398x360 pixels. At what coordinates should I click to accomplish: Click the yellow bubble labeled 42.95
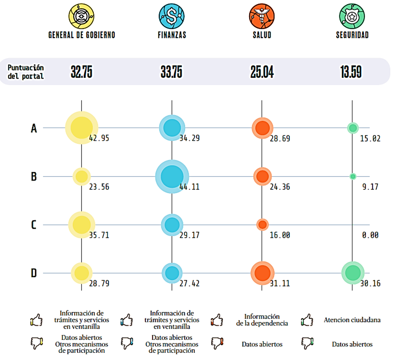[82, 128]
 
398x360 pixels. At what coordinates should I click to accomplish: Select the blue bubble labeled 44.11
[171, 176]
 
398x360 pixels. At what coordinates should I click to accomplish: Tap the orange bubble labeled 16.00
[262, 225]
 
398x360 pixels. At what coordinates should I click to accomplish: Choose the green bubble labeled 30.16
[352, 273]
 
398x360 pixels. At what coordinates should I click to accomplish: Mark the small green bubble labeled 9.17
[352, 176]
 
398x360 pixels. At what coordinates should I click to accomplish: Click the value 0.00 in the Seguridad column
[370, 235]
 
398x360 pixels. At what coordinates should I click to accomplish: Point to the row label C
[34, 225]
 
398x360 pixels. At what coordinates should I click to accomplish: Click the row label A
[34, 128]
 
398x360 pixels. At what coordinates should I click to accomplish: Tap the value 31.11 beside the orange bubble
[280, 283]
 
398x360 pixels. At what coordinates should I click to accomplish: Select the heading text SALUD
[262, 35]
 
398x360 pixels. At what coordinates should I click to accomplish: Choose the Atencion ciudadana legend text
[352, 320]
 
